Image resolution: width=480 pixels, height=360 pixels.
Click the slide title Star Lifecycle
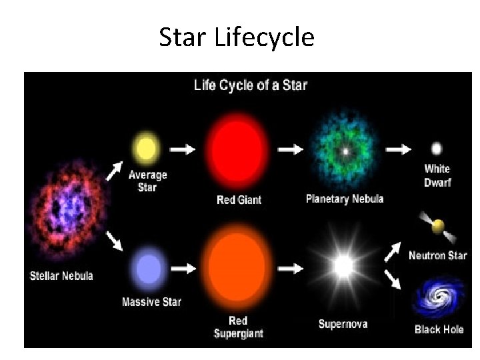(x=237, y=38)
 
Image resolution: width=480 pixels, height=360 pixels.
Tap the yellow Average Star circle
(x=146, y=149)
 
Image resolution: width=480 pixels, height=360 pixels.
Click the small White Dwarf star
(x=437, y=149)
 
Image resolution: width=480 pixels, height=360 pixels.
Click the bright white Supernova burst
(x=344, y=267)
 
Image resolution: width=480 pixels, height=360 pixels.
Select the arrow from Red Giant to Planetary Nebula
(x=289, y=150)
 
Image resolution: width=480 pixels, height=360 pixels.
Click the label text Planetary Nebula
(x=345, y=199)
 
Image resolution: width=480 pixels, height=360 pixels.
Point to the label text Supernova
(x=343, y=325)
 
